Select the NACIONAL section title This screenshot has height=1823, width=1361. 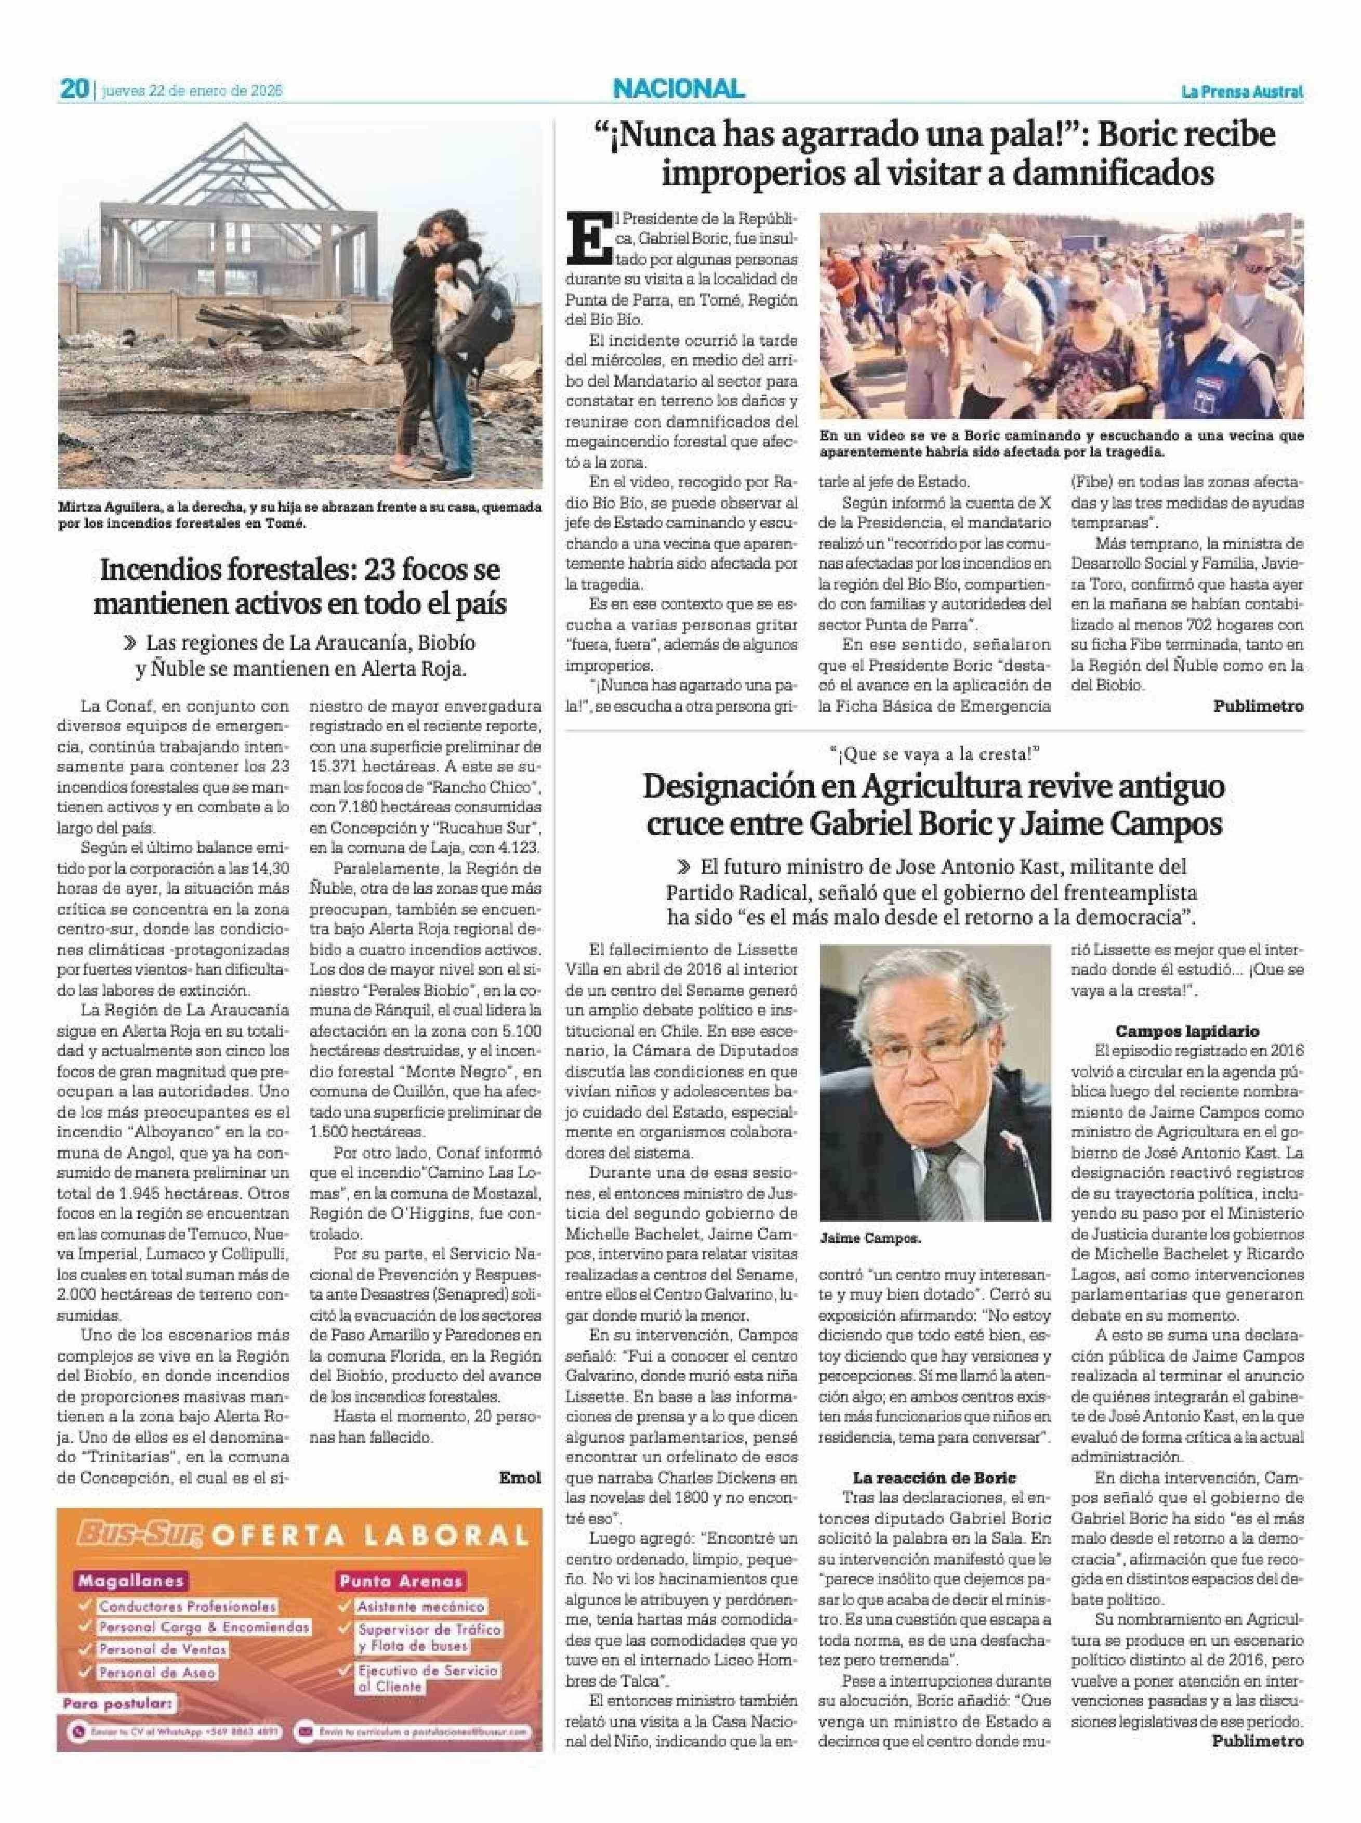pos(678,88)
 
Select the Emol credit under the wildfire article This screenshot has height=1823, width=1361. pos(520,1477)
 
